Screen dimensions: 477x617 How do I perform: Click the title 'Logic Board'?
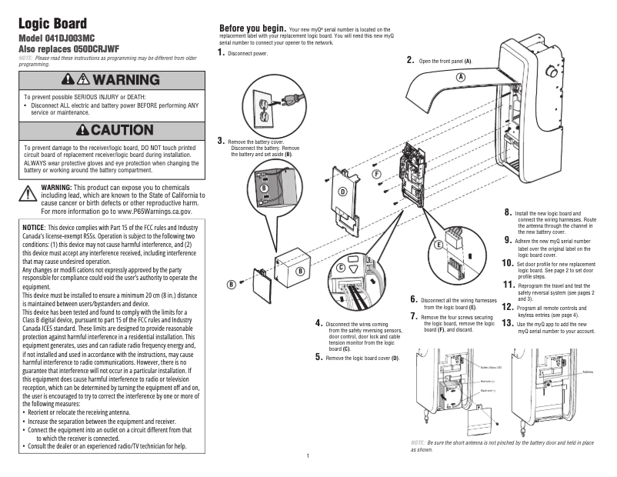click(52, 23)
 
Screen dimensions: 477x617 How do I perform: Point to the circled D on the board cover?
click(342, 190)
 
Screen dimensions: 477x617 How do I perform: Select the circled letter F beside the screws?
click(377, 175)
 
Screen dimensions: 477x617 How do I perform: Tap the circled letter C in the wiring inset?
click(341, 267)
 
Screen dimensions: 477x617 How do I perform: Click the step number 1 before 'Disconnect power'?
click(222, 52)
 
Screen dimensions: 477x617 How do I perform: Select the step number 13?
click(507, 323)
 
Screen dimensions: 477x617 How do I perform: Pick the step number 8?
click(509, 211)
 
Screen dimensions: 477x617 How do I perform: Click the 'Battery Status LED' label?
click(493, 368)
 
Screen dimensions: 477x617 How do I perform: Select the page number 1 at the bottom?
click(307, 457)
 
